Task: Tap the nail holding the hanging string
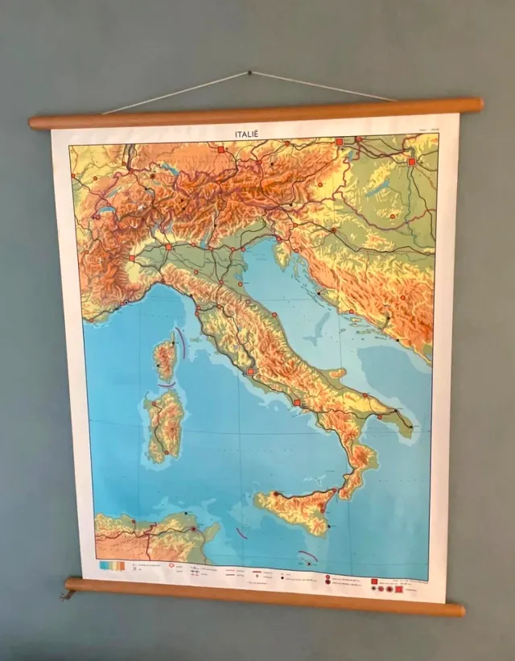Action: pyautogui.click(x=249, y=73)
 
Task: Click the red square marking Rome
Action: pyautogui.click(x=251, y=372)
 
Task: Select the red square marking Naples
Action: pyautogui.click(x=296, y=403)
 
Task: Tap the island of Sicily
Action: pyautogui.click(x=294, y=509)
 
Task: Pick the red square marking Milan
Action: pyautogui.click(x=169, y=246)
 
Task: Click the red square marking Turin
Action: pyautogui.click(x=132, y=258)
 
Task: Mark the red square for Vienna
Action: pyautogui.click(x=340, y=141)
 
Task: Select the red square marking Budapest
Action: pyautogui.click(x=411, y=162)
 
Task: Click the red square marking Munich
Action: pyautogui.click(x=220, y=150)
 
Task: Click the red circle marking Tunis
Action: pyautogui.click(x=194, y=530)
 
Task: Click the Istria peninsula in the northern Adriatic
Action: pyautogui.click(x=282, y=254)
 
